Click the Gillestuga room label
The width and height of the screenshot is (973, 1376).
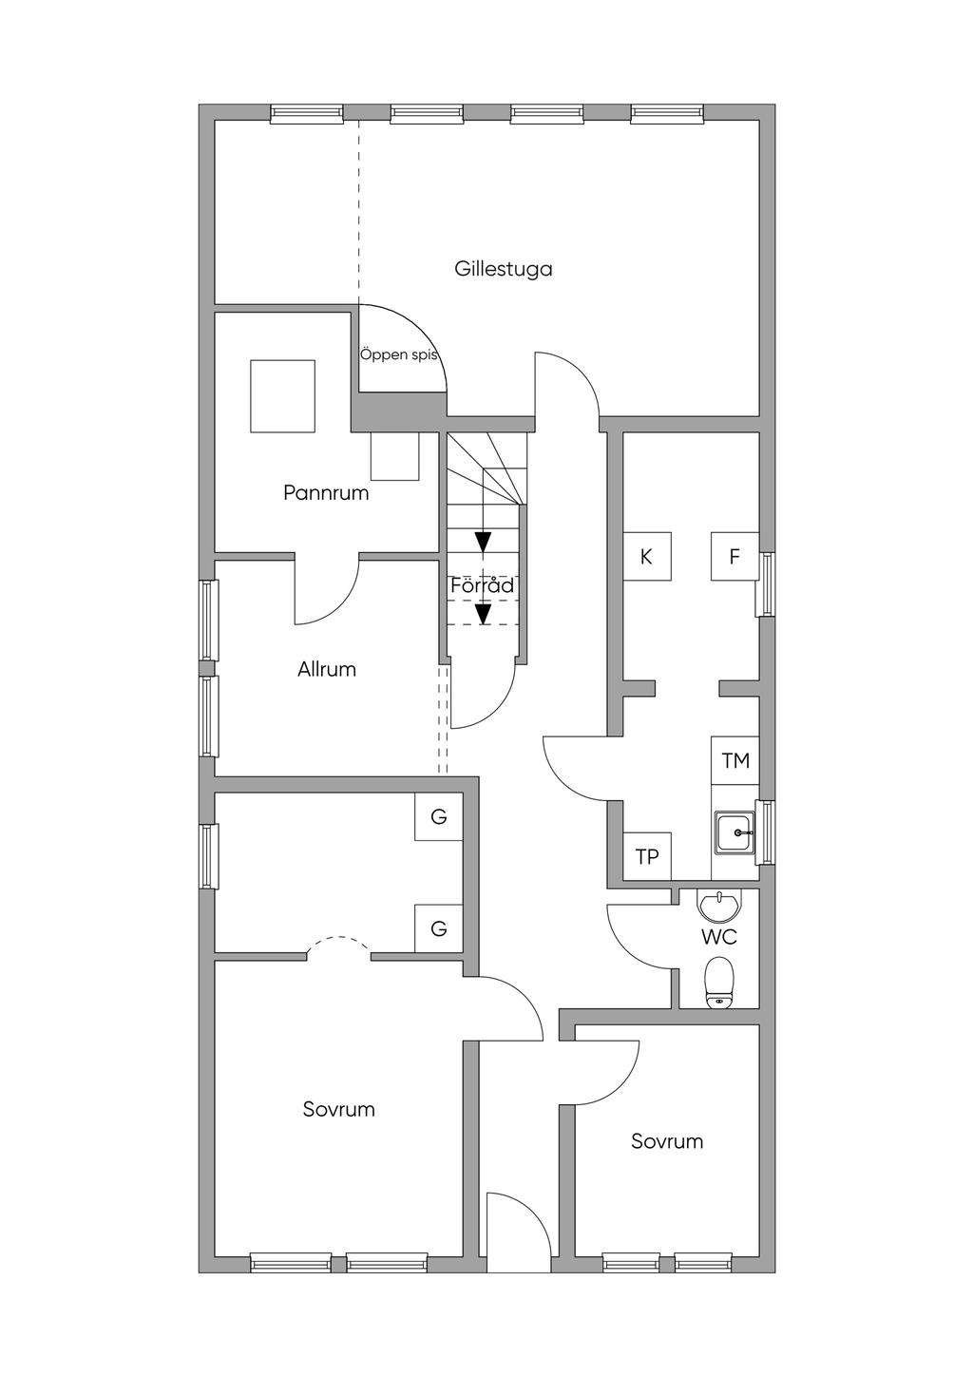(x=504, y=269)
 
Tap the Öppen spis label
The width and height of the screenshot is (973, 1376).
(x=399, y=355)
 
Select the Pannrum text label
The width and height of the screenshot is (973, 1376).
(x=326, y=493)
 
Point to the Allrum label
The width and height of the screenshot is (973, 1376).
(x=327, y=669)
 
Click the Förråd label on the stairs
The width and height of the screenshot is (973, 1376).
(x=482, y=585)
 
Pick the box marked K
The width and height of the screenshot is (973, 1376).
(x=647, y=557)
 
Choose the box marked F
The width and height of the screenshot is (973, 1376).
(x=735, y=557)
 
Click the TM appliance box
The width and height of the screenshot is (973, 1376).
(x=735, y=760)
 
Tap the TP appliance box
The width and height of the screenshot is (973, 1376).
(x=647, y=856)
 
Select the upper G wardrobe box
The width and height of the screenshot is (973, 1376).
(x=439, y=817)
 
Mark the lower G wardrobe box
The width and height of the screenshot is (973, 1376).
(x=439, y=928)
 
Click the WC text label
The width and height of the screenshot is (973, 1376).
(x=719, y=937)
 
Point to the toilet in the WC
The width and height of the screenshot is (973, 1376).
(x=719, y=982)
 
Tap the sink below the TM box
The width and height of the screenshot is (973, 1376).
(x=735, y=833)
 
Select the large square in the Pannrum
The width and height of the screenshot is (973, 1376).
(x=282, y=395)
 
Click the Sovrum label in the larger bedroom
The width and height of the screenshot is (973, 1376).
(x=339, y=1109)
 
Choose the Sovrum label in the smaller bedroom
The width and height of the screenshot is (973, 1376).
(x=667, y=1141)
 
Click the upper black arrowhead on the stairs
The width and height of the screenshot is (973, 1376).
(x=483, y=542)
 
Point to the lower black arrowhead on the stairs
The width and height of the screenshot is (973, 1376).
(x=483, y=615)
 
